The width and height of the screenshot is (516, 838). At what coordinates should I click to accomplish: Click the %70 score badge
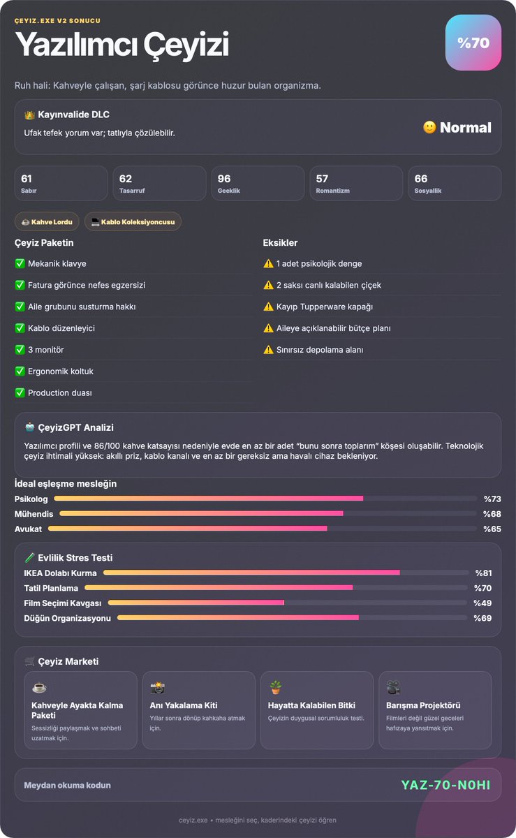[473, 43]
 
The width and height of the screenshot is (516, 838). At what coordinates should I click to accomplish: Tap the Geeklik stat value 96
[224, 179]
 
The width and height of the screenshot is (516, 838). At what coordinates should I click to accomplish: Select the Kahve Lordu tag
[47, 222]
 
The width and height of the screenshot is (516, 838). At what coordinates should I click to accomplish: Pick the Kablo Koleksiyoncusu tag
[133, 222]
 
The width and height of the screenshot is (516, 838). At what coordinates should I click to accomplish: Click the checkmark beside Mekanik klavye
[20, 263]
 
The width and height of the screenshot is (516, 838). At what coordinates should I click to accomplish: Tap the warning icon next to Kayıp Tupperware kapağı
[268, 307]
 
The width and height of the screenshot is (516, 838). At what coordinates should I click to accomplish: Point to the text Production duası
[60, 392]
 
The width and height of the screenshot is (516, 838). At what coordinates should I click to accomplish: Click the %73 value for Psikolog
[492, 499]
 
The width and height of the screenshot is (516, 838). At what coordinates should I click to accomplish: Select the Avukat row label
[28, 529]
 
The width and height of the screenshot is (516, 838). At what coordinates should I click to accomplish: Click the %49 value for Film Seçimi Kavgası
[482, 603]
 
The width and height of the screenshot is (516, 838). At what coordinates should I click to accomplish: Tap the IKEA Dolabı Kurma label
[60, 573]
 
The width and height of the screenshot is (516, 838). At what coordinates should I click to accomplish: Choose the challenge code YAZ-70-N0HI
[445, 785]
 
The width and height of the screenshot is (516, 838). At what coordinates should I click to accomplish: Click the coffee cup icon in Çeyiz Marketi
[39, 688]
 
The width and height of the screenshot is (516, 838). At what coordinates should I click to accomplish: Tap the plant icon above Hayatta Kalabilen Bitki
[275, 687]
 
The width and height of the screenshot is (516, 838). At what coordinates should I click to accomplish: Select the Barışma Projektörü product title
[423, 705]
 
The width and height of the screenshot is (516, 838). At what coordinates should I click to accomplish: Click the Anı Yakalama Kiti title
[184, 705]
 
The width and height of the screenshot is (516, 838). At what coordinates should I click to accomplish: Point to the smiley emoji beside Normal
[429, 127]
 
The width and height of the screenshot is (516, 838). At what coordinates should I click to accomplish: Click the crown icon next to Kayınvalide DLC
[29, 115]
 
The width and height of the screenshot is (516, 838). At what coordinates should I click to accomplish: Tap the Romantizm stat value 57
[322, 179]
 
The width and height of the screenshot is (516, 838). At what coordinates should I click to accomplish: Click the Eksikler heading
[280, 243]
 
